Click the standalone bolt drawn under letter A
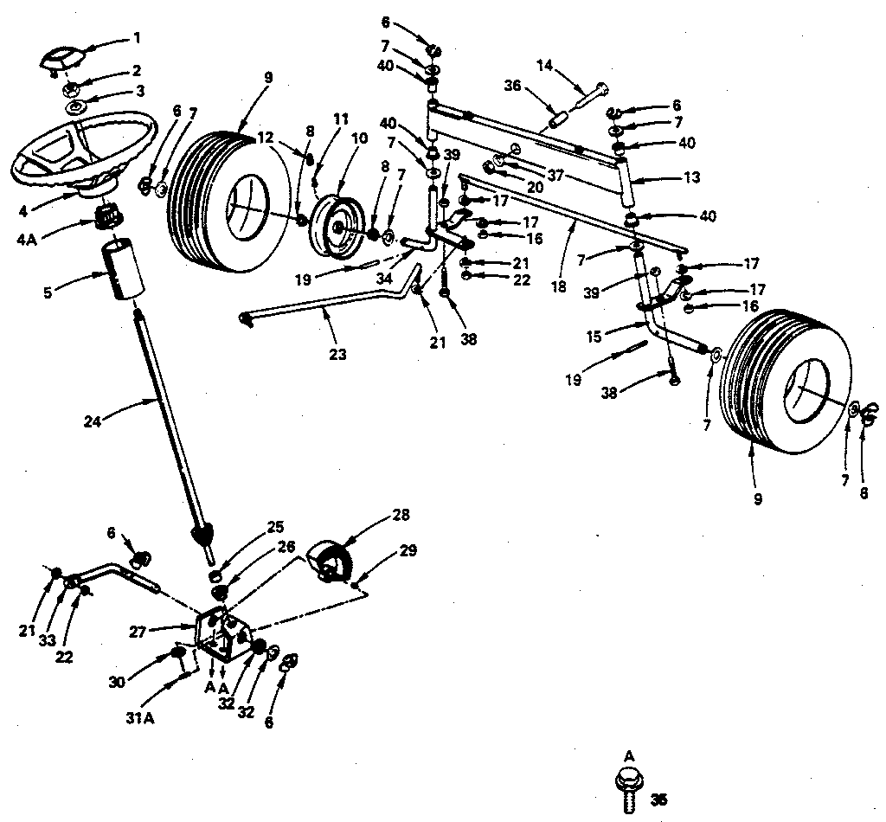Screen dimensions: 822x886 click(630, 787)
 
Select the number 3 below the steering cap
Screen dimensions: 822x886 click(137, 91)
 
